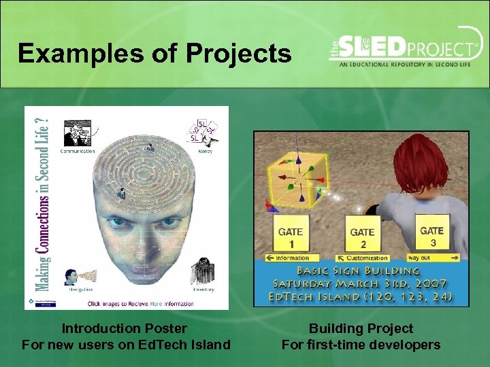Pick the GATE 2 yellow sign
(x=362, y=237)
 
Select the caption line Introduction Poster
(x=125, y=329)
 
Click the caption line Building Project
(x=361, y=329)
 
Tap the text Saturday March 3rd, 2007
(x=361, y=283)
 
